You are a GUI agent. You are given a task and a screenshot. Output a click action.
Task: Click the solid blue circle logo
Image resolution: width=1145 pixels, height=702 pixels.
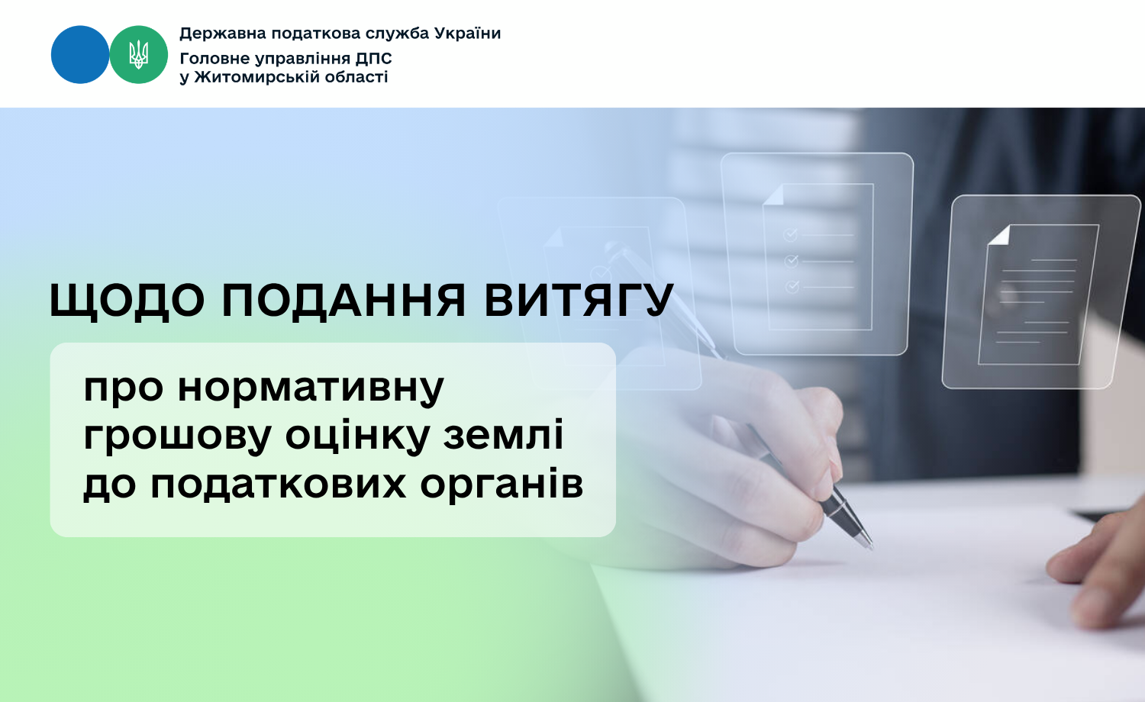tap(80, 55)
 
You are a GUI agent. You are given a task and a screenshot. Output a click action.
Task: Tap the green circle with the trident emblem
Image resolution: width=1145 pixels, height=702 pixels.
tap(138, 55)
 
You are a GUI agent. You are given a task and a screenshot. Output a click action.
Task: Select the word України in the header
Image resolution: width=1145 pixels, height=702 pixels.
tap(467, 34)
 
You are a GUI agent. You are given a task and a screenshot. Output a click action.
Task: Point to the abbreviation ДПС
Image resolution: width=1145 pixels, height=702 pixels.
tap(374, 58)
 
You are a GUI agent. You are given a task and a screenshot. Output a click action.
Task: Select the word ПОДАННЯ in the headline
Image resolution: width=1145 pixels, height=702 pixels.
tap(343, 301)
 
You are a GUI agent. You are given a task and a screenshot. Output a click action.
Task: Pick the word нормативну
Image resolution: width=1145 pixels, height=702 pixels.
tap(311, 388)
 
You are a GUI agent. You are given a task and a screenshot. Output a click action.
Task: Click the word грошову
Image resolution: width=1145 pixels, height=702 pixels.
tap(177, 436)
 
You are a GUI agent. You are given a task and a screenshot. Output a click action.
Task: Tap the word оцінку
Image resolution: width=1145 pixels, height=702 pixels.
tap(357, 436)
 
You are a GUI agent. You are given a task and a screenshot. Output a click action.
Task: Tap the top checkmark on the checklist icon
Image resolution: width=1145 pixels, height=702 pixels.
tap(790, 234)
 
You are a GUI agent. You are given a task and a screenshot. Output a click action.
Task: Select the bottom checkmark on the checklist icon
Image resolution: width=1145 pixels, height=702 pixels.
tap(792, 287)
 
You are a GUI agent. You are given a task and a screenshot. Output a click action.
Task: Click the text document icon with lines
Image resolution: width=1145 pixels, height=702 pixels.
tap(1037, 295)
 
